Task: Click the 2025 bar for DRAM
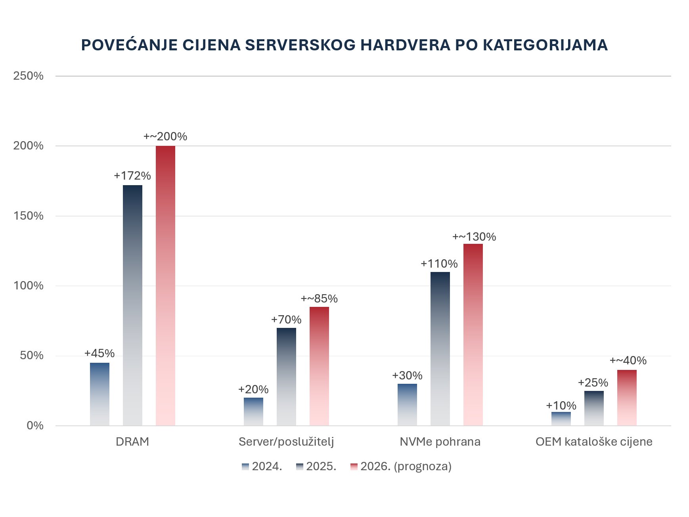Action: (132, 305)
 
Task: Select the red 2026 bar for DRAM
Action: (165, 285)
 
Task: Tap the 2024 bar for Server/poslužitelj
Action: (253, 412)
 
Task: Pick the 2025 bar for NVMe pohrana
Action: (440, 349)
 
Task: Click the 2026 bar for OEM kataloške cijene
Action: (627, 398)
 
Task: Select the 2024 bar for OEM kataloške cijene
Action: (561, 419)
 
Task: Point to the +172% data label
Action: (132, 176)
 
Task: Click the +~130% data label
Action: (474, 237)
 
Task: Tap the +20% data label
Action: (253, 389)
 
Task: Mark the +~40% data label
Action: (628, 360)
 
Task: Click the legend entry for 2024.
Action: (262, 466)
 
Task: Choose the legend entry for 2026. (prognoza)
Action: (401, 466)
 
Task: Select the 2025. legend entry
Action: (316, 466)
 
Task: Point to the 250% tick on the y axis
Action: (29, 76)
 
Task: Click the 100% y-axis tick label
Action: (29, 285)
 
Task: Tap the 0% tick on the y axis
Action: (35, 425)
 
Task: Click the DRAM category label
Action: (132, 442)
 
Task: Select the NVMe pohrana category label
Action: (440, 442)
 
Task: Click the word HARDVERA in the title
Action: (405, 45)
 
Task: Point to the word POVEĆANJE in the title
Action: (129, 45)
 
